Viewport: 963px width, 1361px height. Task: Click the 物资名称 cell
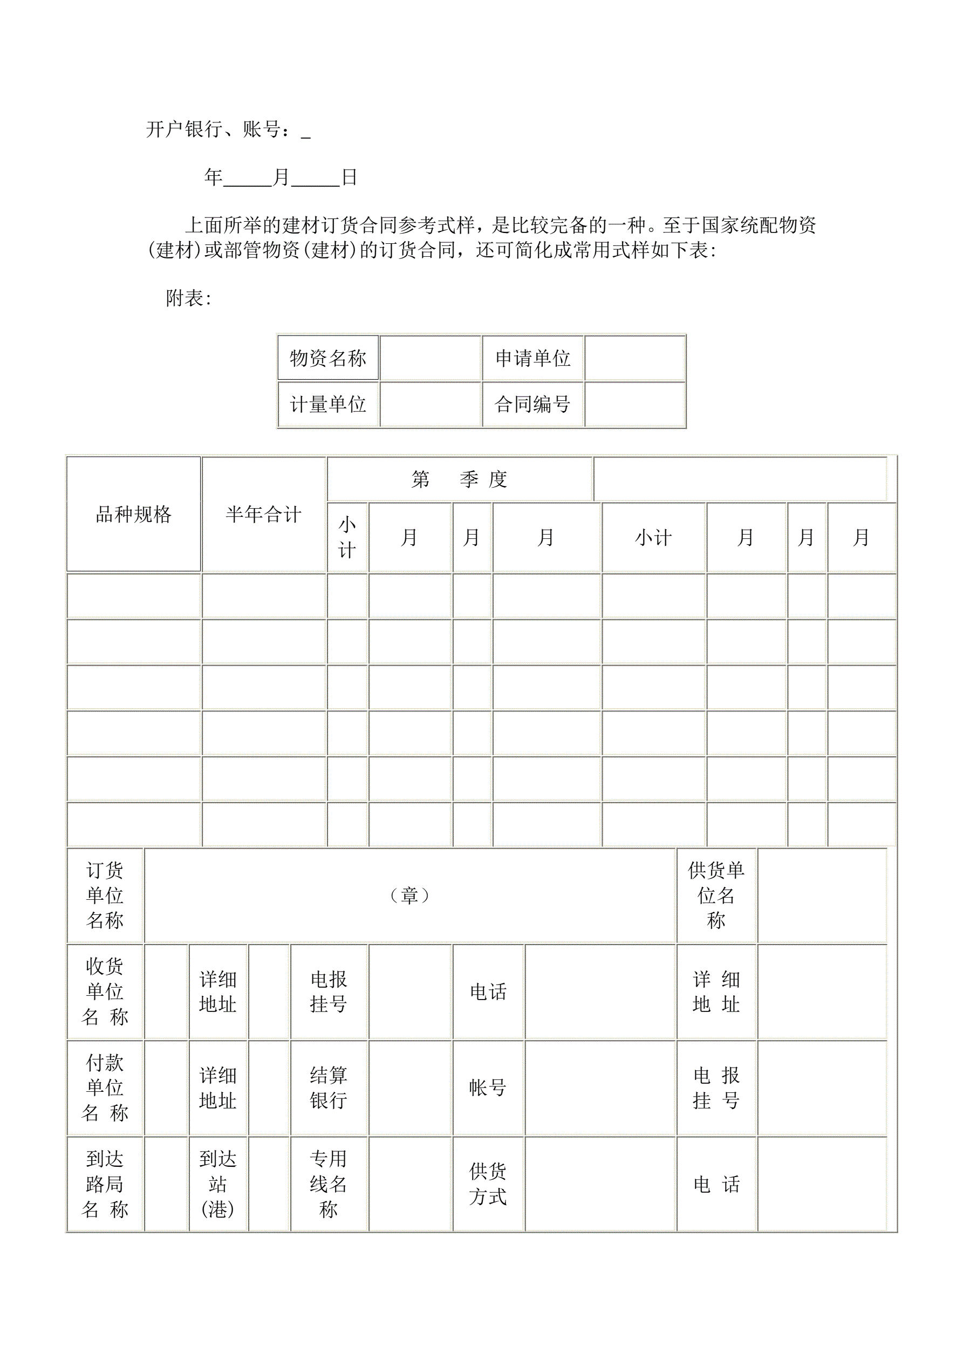[x=328, y=358]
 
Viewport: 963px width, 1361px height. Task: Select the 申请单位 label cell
[x=532, y=358]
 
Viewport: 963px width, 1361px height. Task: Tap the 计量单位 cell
[x=328, y=404]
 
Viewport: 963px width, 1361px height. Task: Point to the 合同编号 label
[x=532, y=404]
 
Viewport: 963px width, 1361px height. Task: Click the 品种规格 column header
[x=133, y=514]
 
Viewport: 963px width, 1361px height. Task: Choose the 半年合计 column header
[x=263, y=514]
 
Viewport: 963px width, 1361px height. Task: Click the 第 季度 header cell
[x=460, y=479]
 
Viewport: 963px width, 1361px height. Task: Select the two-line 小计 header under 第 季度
[x=347, y=538]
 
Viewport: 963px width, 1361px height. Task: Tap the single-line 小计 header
[x=653, y=538]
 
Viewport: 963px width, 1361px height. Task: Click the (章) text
[x=410, y=895]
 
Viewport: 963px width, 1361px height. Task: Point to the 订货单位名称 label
[x=105, y=895]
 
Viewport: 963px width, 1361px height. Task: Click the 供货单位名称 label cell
[x=716, y=895]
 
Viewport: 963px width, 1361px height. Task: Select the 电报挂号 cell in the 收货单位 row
[x=329, y=991]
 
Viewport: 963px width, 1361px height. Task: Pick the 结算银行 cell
[x=329, y=1088]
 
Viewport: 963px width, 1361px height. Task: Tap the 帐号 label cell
[x=488, y=1088]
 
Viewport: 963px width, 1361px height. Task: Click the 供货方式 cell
[x=488, y=1184]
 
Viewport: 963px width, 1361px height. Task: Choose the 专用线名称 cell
[x=329, y=1184]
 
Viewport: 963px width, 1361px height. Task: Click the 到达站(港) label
[x=217, y=1184]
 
